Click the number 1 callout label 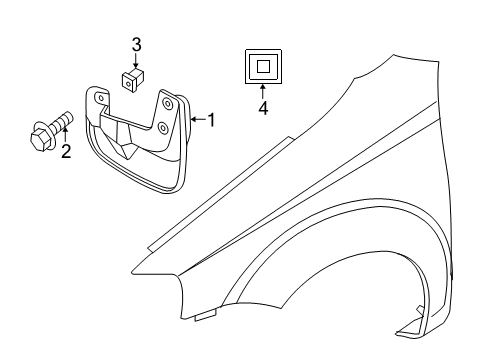point(212,120)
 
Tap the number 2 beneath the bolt point(66,152)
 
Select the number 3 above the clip point(138,44)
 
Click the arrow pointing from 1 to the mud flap point(198,120)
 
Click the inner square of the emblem point(263,67)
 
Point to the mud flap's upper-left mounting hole point(102,98)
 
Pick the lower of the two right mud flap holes point(162,128)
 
